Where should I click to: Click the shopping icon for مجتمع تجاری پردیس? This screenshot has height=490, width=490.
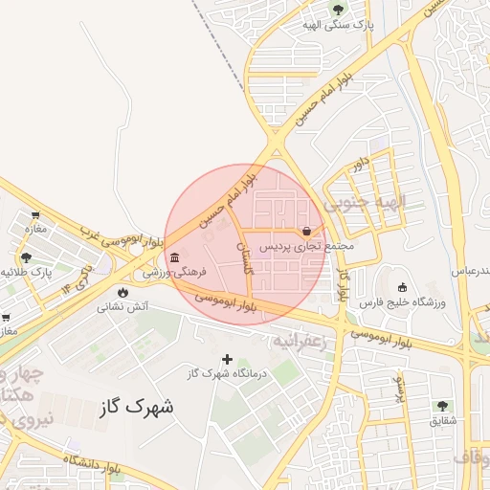coord(306,231)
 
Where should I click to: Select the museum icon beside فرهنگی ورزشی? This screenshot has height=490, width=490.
coord(173,257)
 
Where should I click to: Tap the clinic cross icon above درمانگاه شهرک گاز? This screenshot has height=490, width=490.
coord(227,358)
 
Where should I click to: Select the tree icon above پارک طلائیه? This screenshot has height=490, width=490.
coord(26,257)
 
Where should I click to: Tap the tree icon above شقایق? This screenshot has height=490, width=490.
coord(442,406)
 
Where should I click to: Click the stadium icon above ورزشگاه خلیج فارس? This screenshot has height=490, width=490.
coord(402,287)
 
